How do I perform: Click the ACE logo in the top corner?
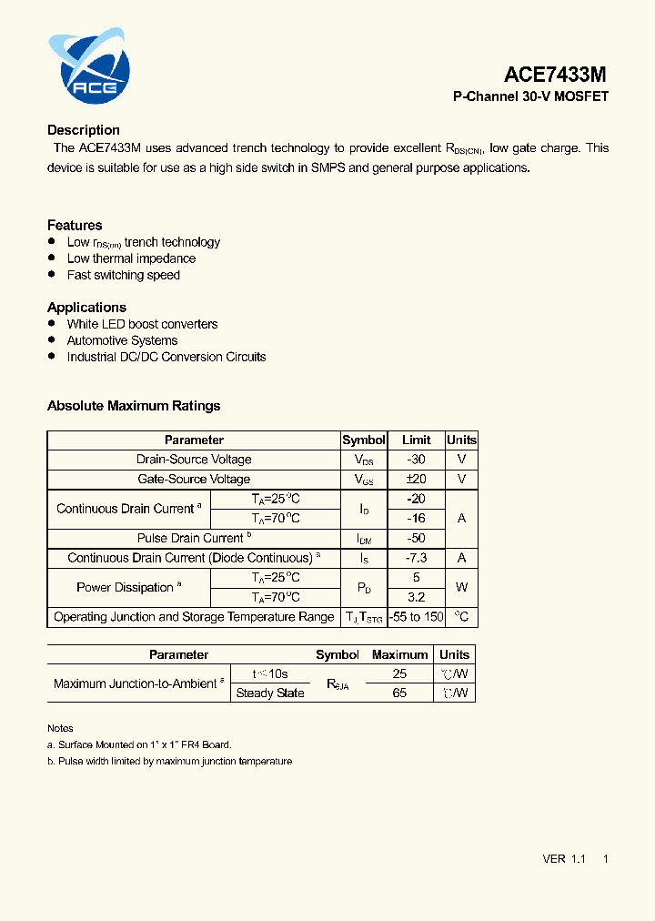point(89,66)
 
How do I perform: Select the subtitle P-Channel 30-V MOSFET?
point(530,96)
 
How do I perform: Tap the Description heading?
point(84,130)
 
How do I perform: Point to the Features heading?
point(75,225)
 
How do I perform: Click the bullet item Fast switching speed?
point(124,275)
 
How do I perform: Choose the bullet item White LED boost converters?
point(142,324)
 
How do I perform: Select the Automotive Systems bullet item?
point(122,340)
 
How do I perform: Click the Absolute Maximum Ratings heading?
point(134,406)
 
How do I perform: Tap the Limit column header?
point(416,440)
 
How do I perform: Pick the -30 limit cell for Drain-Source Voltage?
point(416,460)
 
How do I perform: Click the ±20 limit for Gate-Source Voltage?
point(416,480)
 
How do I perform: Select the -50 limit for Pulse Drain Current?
point(416,538)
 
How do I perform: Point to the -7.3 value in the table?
point(416,558)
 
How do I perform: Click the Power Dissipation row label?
point(128,588)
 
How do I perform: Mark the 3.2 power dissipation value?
point(416,598)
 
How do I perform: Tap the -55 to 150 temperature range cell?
point(416,617)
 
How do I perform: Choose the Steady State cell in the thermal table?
point(270,693)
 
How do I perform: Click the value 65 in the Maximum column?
point(399,693)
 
